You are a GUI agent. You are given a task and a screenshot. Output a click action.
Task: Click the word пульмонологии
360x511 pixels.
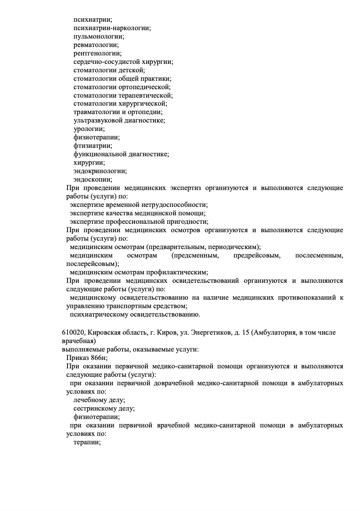click(98, 37)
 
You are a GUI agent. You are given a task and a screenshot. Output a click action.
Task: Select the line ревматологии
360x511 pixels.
click(96, 45)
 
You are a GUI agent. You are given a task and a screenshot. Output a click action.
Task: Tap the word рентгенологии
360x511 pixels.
click(97, 53)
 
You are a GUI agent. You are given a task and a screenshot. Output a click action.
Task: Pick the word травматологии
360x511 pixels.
click(97, 112)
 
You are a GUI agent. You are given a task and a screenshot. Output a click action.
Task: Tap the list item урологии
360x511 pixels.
click(89, 129)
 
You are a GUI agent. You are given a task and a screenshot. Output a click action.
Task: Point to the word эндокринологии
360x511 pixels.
click(100, 172)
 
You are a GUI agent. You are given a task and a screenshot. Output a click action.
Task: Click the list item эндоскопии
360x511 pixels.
click(93, 180)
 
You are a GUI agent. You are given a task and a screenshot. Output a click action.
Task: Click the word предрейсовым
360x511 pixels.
click(257, 256)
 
